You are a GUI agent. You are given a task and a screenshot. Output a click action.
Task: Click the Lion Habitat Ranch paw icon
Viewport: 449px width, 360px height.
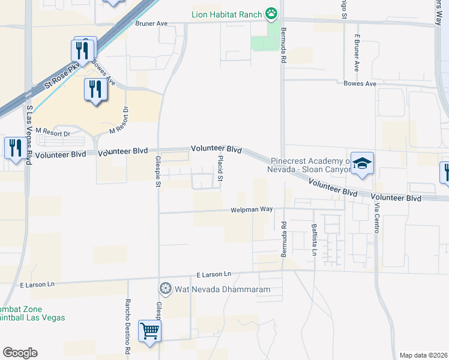[x=272, y=13]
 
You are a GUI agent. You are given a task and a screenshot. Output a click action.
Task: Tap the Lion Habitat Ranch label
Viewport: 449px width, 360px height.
[x=228, y=14]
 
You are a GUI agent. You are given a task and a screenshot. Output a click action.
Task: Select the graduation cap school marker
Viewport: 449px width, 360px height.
[x=363, y=163]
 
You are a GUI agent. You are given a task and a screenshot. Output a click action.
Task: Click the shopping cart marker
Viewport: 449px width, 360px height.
[x=149, y=330]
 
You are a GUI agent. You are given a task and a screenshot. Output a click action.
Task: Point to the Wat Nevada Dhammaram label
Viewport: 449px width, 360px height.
[x=222, y=289]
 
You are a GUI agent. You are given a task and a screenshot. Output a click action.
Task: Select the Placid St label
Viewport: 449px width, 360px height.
[x=221, y=169]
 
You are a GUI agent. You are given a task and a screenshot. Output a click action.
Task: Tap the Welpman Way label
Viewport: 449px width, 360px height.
[x=252, y=209]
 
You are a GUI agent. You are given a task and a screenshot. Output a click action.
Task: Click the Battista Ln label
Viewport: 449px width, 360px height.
[x=314, y=239]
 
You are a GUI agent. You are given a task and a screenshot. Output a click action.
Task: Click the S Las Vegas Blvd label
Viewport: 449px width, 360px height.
[x=29, y=136]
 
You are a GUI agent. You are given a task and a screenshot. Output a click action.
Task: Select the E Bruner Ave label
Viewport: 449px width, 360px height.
[x=357, y=53]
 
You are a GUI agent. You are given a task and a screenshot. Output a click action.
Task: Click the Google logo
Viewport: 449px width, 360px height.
[x=20, y=353]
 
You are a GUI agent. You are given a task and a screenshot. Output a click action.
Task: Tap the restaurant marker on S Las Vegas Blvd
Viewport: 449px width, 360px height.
[x=14, y=148]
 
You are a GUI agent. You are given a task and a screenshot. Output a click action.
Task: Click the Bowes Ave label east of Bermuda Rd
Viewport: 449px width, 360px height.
[x=360, y=83]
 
